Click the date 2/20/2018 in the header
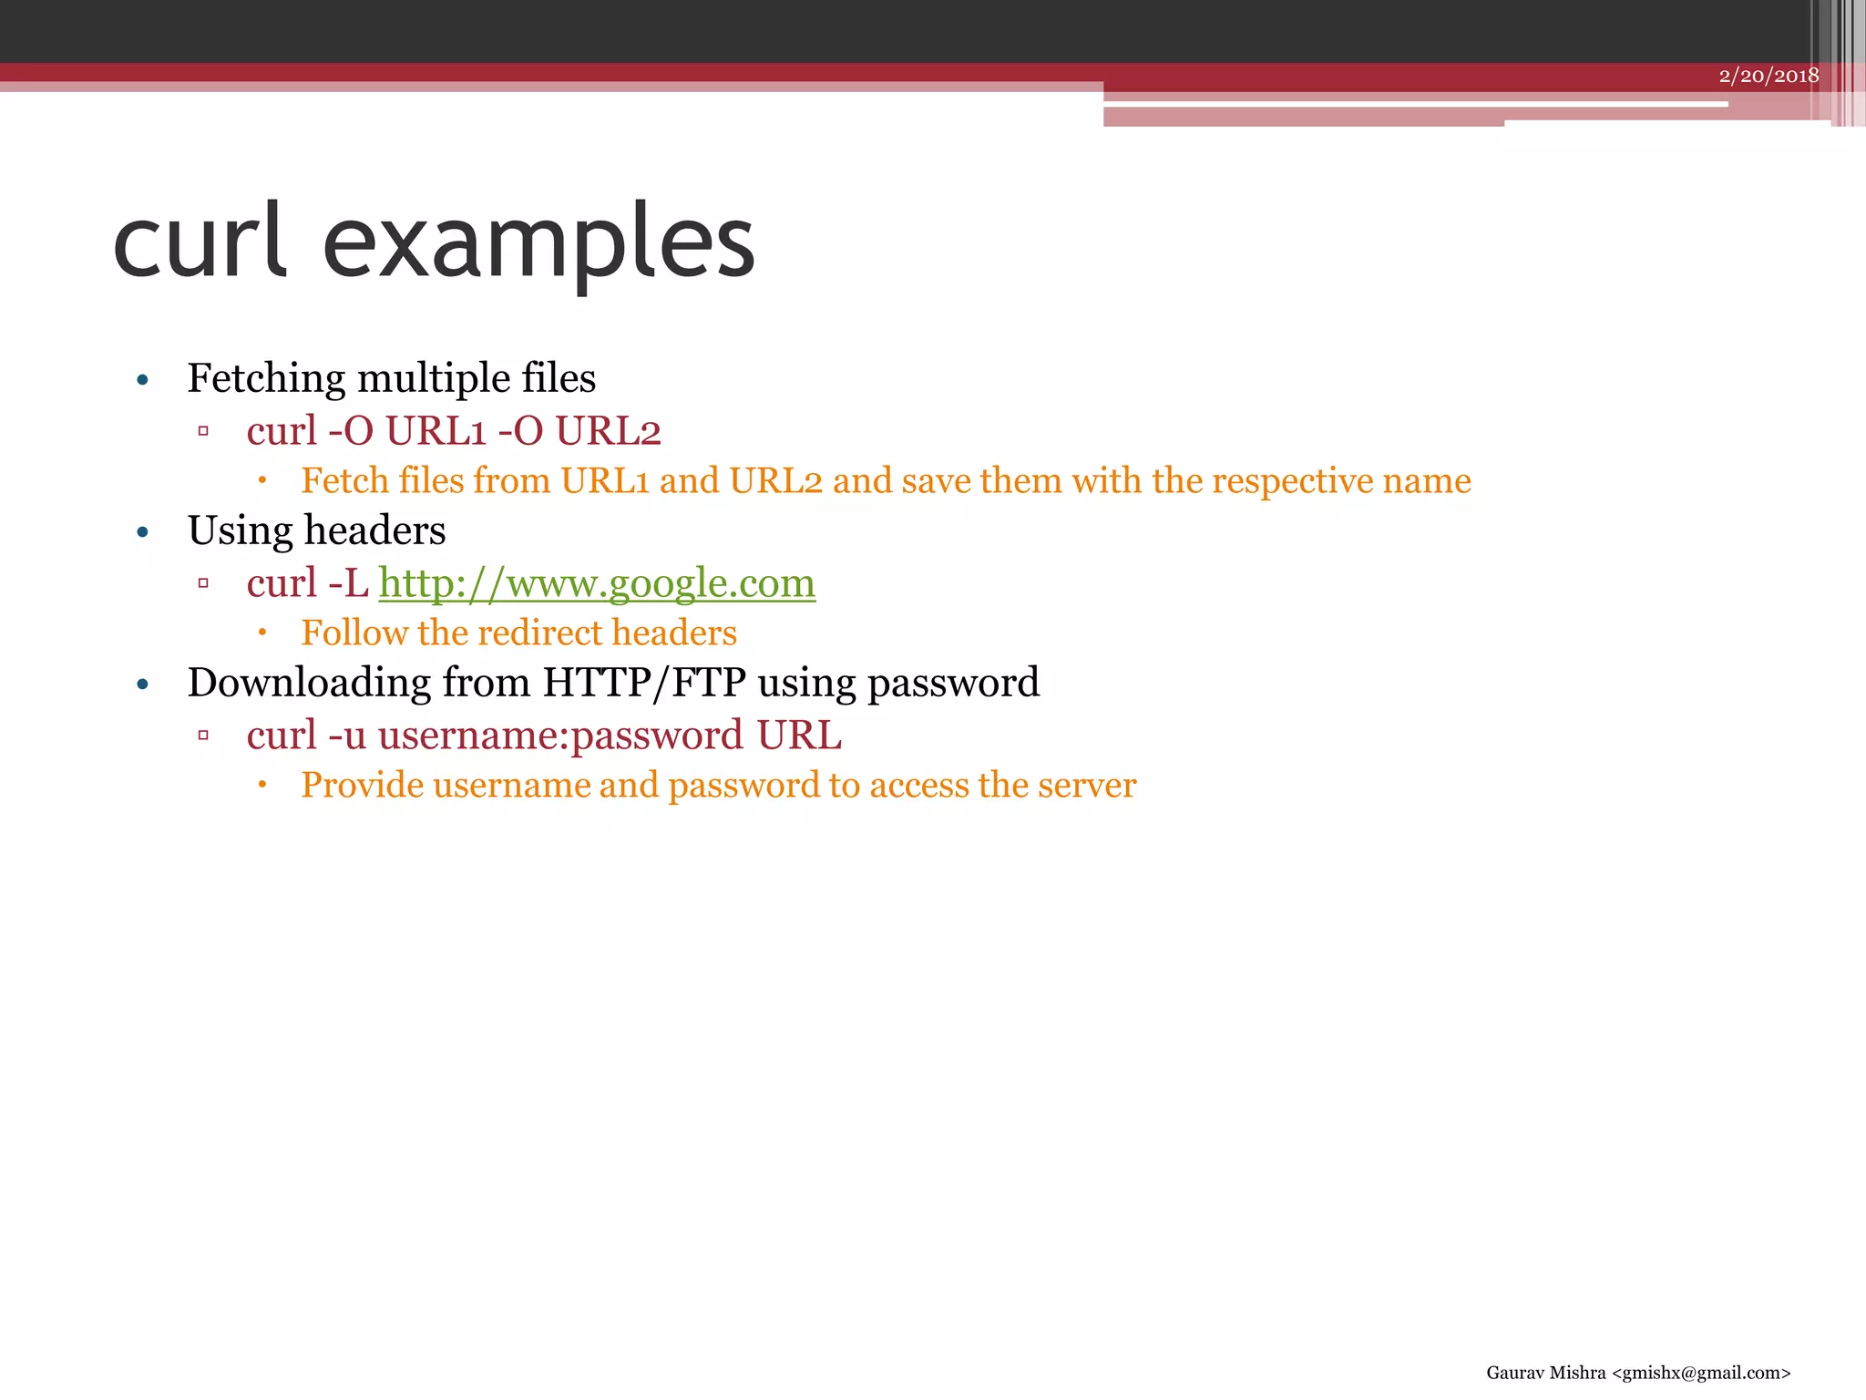(1769, 76)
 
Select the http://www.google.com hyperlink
(597, 583)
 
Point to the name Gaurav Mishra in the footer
(1545, 1373)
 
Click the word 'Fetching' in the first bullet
(266, 378)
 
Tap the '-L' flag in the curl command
(348, 583)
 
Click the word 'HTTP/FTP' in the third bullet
(644, 683)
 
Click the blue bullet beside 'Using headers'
(142, 532)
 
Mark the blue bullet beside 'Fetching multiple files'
(142, 380)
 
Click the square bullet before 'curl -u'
(203, 736)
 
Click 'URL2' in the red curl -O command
(608, 431)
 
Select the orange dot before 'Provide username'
(261, 785)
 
